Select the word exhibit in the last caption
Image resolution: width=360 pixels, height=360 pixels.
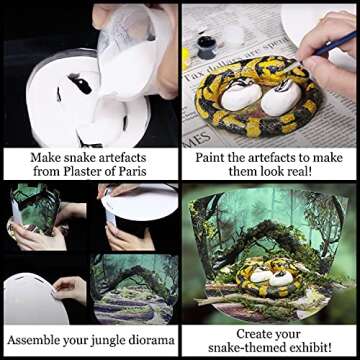coord(307,347)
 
